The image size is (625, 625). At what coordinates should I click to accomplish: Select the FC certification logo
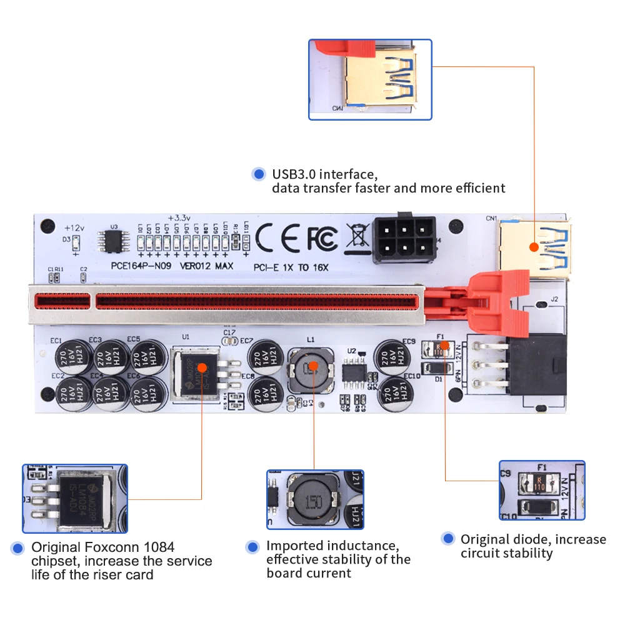[x=321, y=238]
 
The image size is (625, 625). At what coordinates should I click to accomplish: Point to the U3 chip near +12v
[x=113, y=242]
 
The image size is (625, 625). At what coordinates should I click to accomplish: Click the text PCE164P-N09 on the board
[x=141, y=266]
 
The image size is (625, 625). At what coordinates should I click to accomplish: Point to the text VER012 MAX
[x=206, y=266]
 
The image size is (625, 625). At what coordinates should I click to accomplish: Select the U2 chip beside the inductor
[x=354, y=371]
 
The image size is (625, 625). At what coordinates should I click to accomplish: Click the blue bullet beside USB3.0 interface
[x=257, y=174]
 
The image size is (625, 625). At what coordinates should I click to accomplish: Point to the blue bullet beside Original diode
[x=447, y=539]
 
